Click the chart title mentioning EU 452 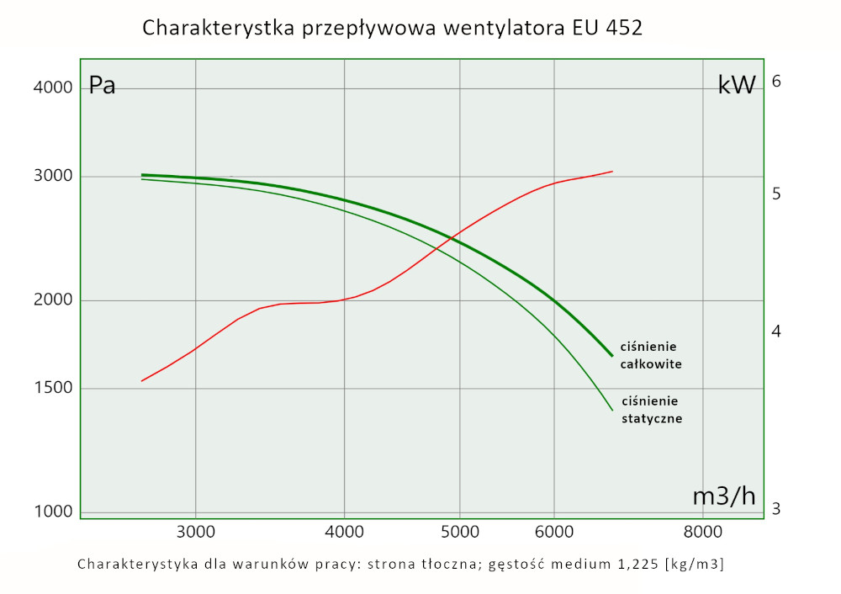pos(393,28)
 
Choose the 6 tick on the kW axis pos(777,81)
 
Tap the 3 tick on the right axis pos(776,509)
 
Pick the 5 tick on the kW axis pos(777,194)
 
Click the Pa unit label pos(103,86)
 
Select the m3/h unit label pos(723,496)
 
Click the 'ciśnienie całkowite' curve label pos(650,355)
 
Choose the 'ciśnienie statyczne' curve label pos(651,409)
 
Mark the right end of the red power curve pos(612,172)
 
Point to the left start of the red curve pos(141,381)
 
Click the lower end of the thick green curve pos(611,356)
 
